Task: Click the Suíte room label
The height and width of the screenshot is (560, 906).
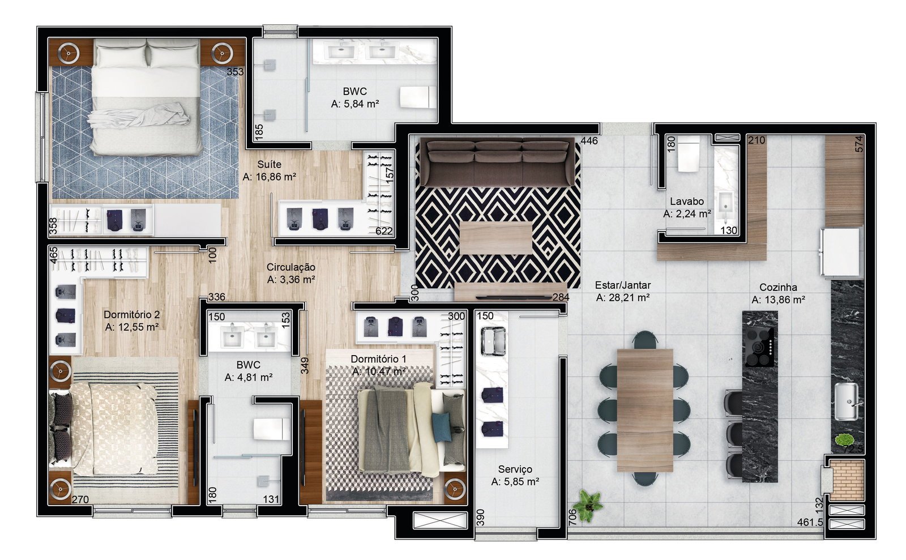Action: tap(270, 165)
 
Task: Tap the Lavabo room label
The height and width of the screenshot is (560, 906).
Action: tap(687, 202)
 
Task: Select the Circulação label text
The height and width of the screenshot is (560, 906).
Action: tap(291, 267)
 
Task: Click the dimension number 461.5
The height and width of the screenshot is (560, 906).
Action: tap(810, 523)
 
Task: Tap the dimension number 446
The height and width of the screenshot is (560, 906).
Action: tap(589, 140)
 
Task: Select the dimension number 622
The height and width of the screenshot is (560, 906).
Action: tap(384, 231)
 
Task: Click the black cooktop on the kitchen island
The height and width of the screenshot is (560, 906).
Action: tap(760, 347)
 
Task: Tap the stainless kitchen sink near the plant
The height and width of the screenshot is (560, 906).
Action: tap(846, 401)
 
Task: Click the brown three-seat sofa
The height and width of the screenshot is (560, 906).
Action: tap(498, 162)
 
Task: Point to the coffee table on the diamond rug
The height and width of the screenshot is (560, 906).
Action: tap(496, 238)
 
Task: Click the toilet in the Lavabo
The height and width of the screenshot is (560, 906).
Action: tap(689, 153)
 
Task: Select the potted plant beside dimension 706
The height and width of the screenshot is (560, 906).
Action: tap(588, 506)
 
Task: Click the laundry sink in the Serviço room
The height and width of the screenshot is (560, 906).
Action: tap(493, 341)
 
